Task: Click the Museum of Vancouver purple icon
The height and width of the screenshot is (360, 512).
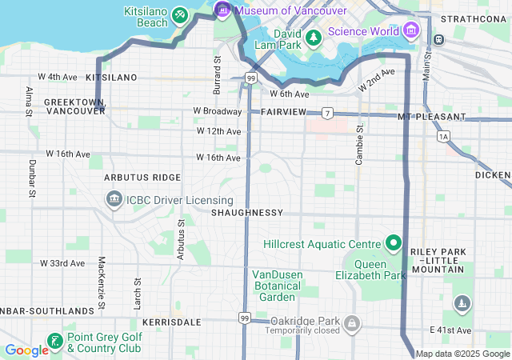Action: [222, 10]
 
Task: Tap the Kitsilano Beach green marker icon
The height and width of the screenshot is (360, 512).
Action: [180, 15]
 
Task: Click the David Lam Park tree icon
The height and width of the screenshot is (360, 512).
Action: [314, 37]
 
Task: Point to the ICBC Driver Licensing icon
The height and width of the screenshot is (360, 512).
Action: [114, 199]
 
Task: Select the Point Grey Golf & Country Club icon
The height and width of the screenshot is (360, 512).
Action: [54, 342]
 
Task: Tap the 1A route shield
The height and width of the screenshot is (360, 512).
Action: [444, 137]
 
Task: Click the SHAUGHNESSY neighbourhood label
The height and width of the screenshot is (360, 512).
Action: [247, 213]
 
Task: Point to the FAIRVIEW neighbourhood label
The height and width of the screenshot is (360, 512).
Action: [283, 112]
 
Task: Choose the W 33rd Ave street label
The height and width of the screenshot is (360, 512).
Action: [62, 262]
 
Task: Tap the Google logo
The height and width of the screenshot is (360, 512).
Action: [26, 350]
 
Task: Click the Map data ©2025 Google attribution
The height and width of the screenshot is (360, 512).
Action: [462, 354]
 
